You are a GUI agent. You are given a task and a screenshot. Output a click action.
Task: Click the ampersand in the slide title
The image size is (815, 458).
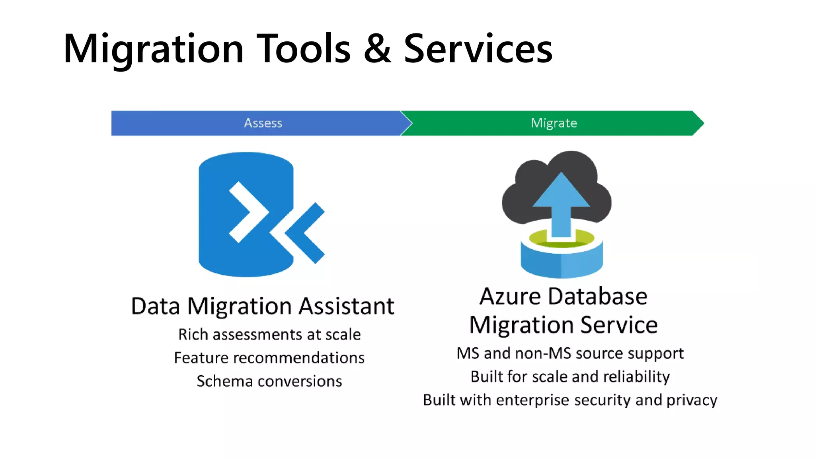tap(377, 49)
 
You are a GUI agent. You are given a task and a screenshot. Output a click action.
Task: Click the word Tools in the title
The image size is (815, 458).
tap(303, 49)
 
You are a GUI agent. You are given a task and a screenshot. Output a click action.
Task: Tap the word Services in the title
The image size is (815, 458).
tap(478, 49)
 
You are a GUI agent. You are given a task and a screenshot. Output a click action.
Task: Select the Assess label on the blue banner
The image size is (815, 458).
tap(263, 123)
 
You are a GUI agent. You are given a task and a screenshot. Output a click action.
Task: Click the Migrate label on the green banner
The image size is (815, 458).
tap(554, 123)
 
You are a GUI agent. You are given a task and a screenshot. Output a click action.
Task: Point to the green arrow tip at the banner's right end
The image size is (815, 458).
tap(698, 123)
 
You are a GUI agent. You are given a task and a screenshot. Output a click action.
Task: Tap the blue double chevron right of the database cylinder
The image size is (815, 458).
tap(304, 233)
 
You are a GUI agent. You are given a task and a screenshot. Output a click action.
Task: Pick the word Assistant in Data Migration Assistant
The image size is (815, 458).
tap(346, 306)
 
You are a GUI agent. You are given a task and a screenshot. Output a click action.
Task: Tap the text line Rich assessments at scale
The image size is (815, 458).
tap(269, 335)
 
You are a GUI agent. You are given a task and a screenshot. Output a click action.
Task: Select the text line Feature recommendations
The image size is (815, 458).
tap(269, 358)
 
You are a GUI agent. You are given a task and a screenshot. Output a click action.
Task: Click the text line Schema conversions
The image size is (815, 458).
tap(269, 381)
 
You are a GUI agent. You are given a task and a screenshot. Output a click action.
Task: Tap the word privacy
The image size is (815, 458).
tap(692, 400)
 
